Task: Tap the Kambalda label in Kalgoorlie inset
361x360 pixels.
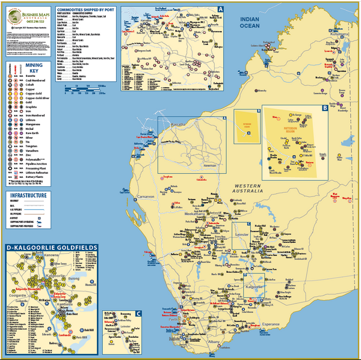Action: click(60, 304)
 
